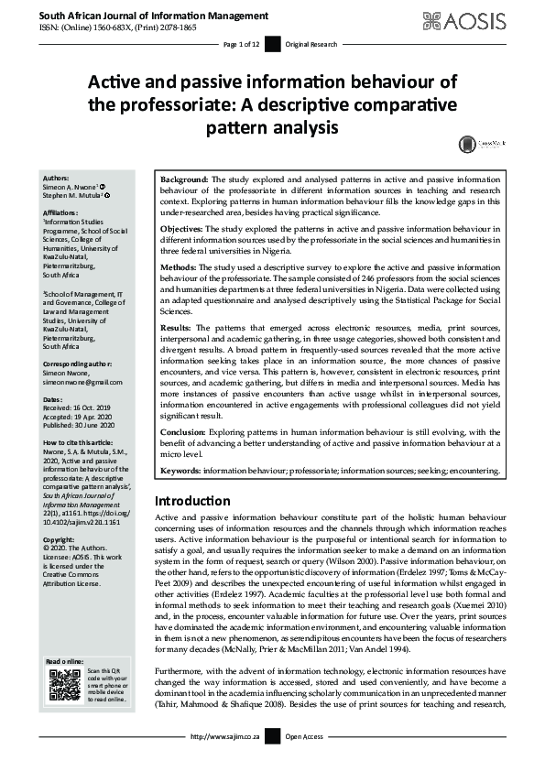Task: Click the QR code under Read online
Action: tap(63, 685)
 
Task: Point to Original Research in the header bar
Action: tap(311, 44)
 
